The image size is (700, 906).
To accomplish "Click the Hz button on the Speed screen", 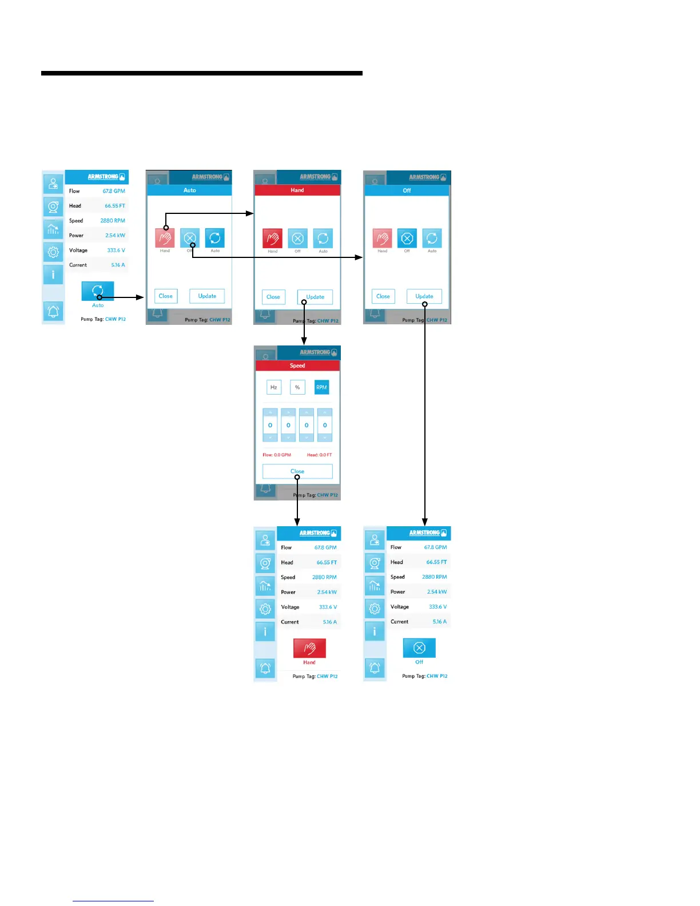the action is click(274, 388).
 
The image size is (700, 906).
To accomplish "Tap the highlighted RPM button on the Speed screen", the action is click(321, 388).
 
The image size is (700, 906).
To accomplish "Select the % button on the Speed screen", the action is click(297, 388).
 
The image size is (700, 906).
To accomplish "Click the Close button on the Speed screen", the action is click(297, 471).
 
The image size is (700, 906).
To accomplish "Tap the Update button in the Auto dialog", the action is click(207, 296).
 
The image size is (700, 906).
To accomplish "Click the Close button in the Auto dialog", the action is click(166, 296).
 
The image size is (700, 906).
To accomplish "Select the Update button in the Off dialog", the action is click(424, 296).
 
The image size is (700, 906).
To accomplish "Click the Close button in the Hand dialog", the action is click(273, 297).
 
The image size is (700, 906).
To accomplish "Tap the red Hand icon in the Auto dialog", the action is click(165, 238).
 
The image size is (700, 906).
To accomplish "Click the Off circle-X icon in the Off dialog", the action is click(407, 238).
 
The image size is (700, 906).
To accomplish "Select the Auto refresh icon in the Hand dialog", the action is click(323, 238).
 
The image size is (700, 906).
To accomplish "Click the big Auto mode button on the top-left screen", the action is click(98, 291).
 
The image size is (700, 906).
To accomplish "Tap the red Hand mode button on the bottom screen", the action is click(309, 648).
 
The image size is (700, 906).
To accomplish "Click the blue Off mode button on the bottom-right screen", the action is click(419, 647).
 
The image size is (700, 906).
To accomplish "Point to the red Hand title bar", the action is click(297, 190).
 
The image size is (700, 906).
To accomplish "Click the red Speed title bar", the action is click(297, 365).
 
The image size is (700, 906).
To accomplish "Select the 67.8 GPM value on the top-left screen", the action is click(114, 191).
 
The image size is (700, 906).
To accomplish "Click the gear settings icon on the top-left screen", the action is click(53, 252).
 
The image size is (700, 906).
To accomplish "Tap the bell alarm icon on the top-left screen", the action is click(53, 312).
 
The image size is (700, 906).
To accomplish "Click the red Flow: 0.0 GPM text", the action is click(277, 455).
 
